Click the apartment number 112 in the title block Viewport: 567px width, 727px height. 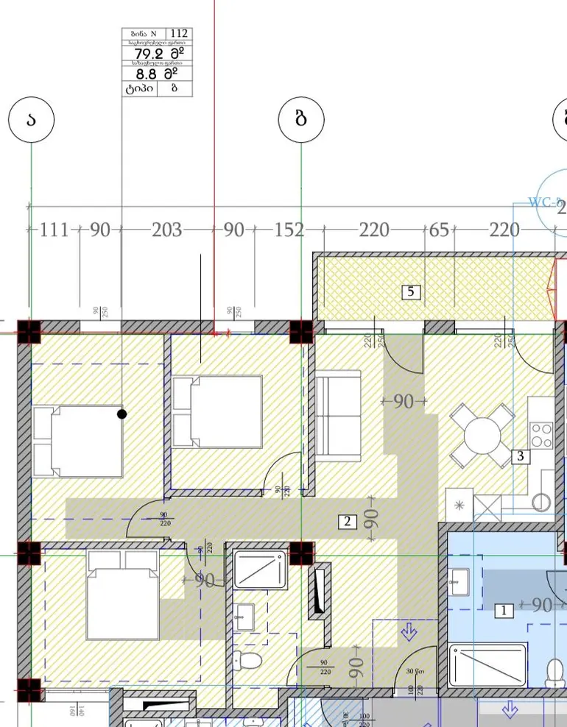coord(179,34)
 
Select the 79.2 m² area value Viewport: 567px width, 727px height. coord(155,54)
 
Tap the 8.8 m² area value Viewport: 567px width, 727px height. coord(155,74)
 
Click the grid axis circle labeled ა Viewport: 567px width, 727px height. coord(30,120)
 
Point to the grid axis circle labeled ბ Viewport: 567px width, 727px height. coord(300,120)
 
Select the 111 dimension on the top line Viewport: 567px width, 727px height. coord(54,230)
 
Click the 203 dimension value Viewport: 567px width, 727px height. coord(166,230)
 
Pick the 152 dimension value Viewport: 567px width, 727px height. coord(289,230)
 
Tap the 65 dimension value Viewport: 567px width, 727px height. coord(439,230)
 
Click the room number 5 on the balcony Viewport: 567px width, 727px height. coord(411,292)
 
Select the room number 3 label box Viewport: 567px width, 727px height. coord(521,456)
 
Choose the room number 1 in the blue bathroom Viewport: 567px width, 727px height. coord(504,610)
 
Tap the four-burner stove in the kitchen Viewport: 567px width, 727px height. coord(542,435)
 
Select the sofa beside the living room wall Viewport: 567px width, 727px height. coord(339,416)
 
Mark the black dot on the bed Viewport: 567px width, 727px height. coord(122,414)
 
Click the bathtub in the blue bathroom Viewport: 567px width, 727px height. coord(487,665)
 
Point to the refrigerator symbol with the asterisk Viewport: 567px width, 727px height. coord(459,506)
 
